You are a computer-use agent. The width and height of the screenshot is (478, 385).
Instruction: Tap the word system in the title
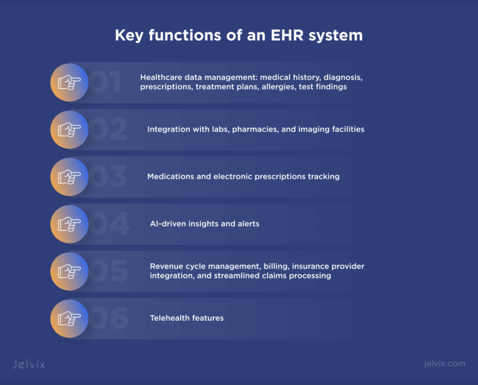[x=336, y=36]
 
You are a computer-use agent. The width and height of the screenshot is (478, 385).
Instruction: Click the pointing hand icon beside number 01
[x=69, y=82]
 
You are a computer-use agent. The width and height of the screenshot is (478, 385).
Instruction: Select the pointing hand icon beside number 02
[x=69, y=130]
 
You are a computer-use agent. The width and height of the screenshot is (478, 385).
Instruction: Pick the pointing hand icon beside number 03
[x=69, y=177]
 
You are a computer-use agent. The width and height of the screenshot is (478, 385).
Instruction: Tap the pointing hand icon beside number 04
[x=69, y=224]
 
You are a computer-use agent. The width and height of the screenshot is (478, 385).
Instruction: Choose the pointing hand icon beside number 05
[x=69, y=271]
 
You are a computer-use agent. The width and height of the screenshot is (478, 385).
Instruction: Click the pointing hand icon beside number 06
[x=69, y=318]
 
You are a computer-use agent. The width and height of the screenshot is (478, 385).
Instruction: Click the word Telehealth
[x=169, y=318]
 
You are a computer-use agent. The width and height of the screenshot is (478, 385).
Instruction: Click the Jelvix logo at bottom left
[x=29, y=364]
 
